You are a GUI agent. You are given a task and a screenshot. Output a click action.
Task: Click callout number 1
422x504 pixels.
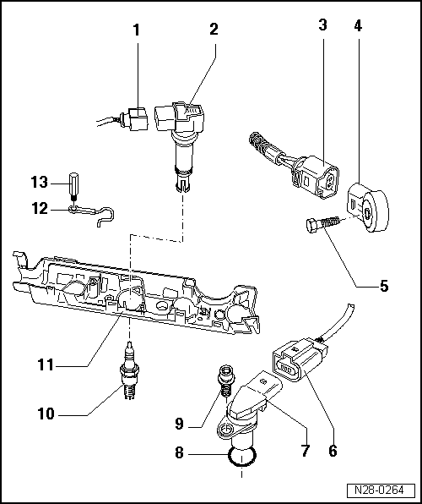(x=137, y=30)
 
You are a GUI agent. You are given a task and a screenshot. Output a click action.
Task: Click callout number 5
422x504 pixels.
(x=383, y=286)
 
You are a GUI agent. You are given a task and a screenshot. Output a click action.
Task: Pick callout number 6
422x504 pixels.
(x=333, y=451)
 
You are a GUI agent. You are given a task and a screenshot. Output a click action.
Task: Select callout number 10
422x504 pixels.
(x=46, y=415)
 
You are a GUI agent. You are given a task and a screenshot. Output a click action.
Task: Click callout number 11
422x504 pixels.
(x=46, y=365)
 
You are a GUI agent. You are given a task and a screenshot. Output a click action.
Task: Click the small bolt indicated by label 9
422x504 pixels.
(x=225, y=379)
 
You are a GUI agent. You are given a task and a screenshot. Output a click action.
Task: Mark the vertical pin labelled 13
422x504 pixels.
(x=74, y=186)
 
